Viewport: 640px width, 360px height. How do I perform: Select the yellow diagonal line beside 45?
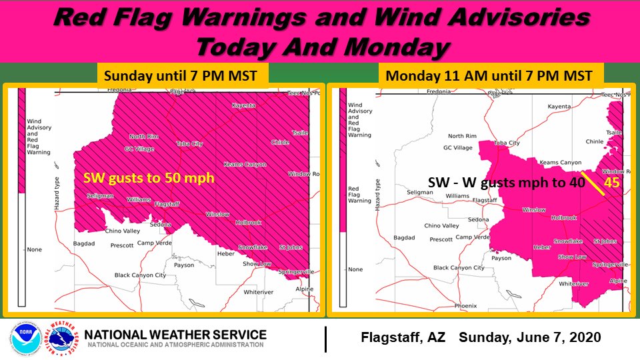pos(593,181)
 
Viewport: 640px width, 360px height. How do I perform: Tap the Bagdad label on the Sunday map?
pos(87,238)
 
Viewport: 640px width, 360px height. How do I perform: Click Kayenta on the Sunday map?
pos(243,105)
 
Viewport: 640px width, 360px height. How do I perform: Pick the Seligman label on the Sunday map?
pos(99,195)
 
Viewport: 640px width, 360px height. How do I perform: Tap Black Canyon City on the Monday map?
pos(459,268)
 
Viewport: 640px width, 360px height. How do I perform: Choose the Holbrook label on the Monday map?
pos(563,217)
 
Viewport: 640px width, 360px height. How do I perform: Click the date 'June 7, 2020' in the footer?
pos(559,338)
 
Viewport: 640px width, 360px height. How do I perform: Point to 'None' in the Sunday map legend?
pos(35,249)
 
